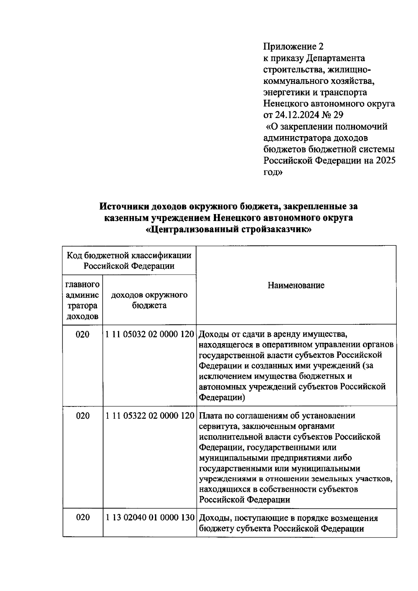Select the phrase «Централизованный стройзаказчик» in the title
[x=229, y=230]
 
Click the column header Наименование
[x=296, y=285]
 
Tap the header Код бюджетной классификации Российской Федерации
[x=129, y=261]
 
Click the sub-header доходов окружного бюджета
[x=149, y=300]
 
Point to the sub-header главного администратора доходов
[x=83, y=300]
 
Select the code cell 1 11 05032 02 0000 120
[x=149, y=334]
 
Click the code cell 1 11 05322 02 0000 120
[x=149, y=416]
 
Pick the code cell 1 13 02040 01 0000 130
[x=149, y=518]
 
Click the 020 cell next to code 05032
[x=83, y=334]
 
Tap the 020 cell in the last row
[x=83, y=518]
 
